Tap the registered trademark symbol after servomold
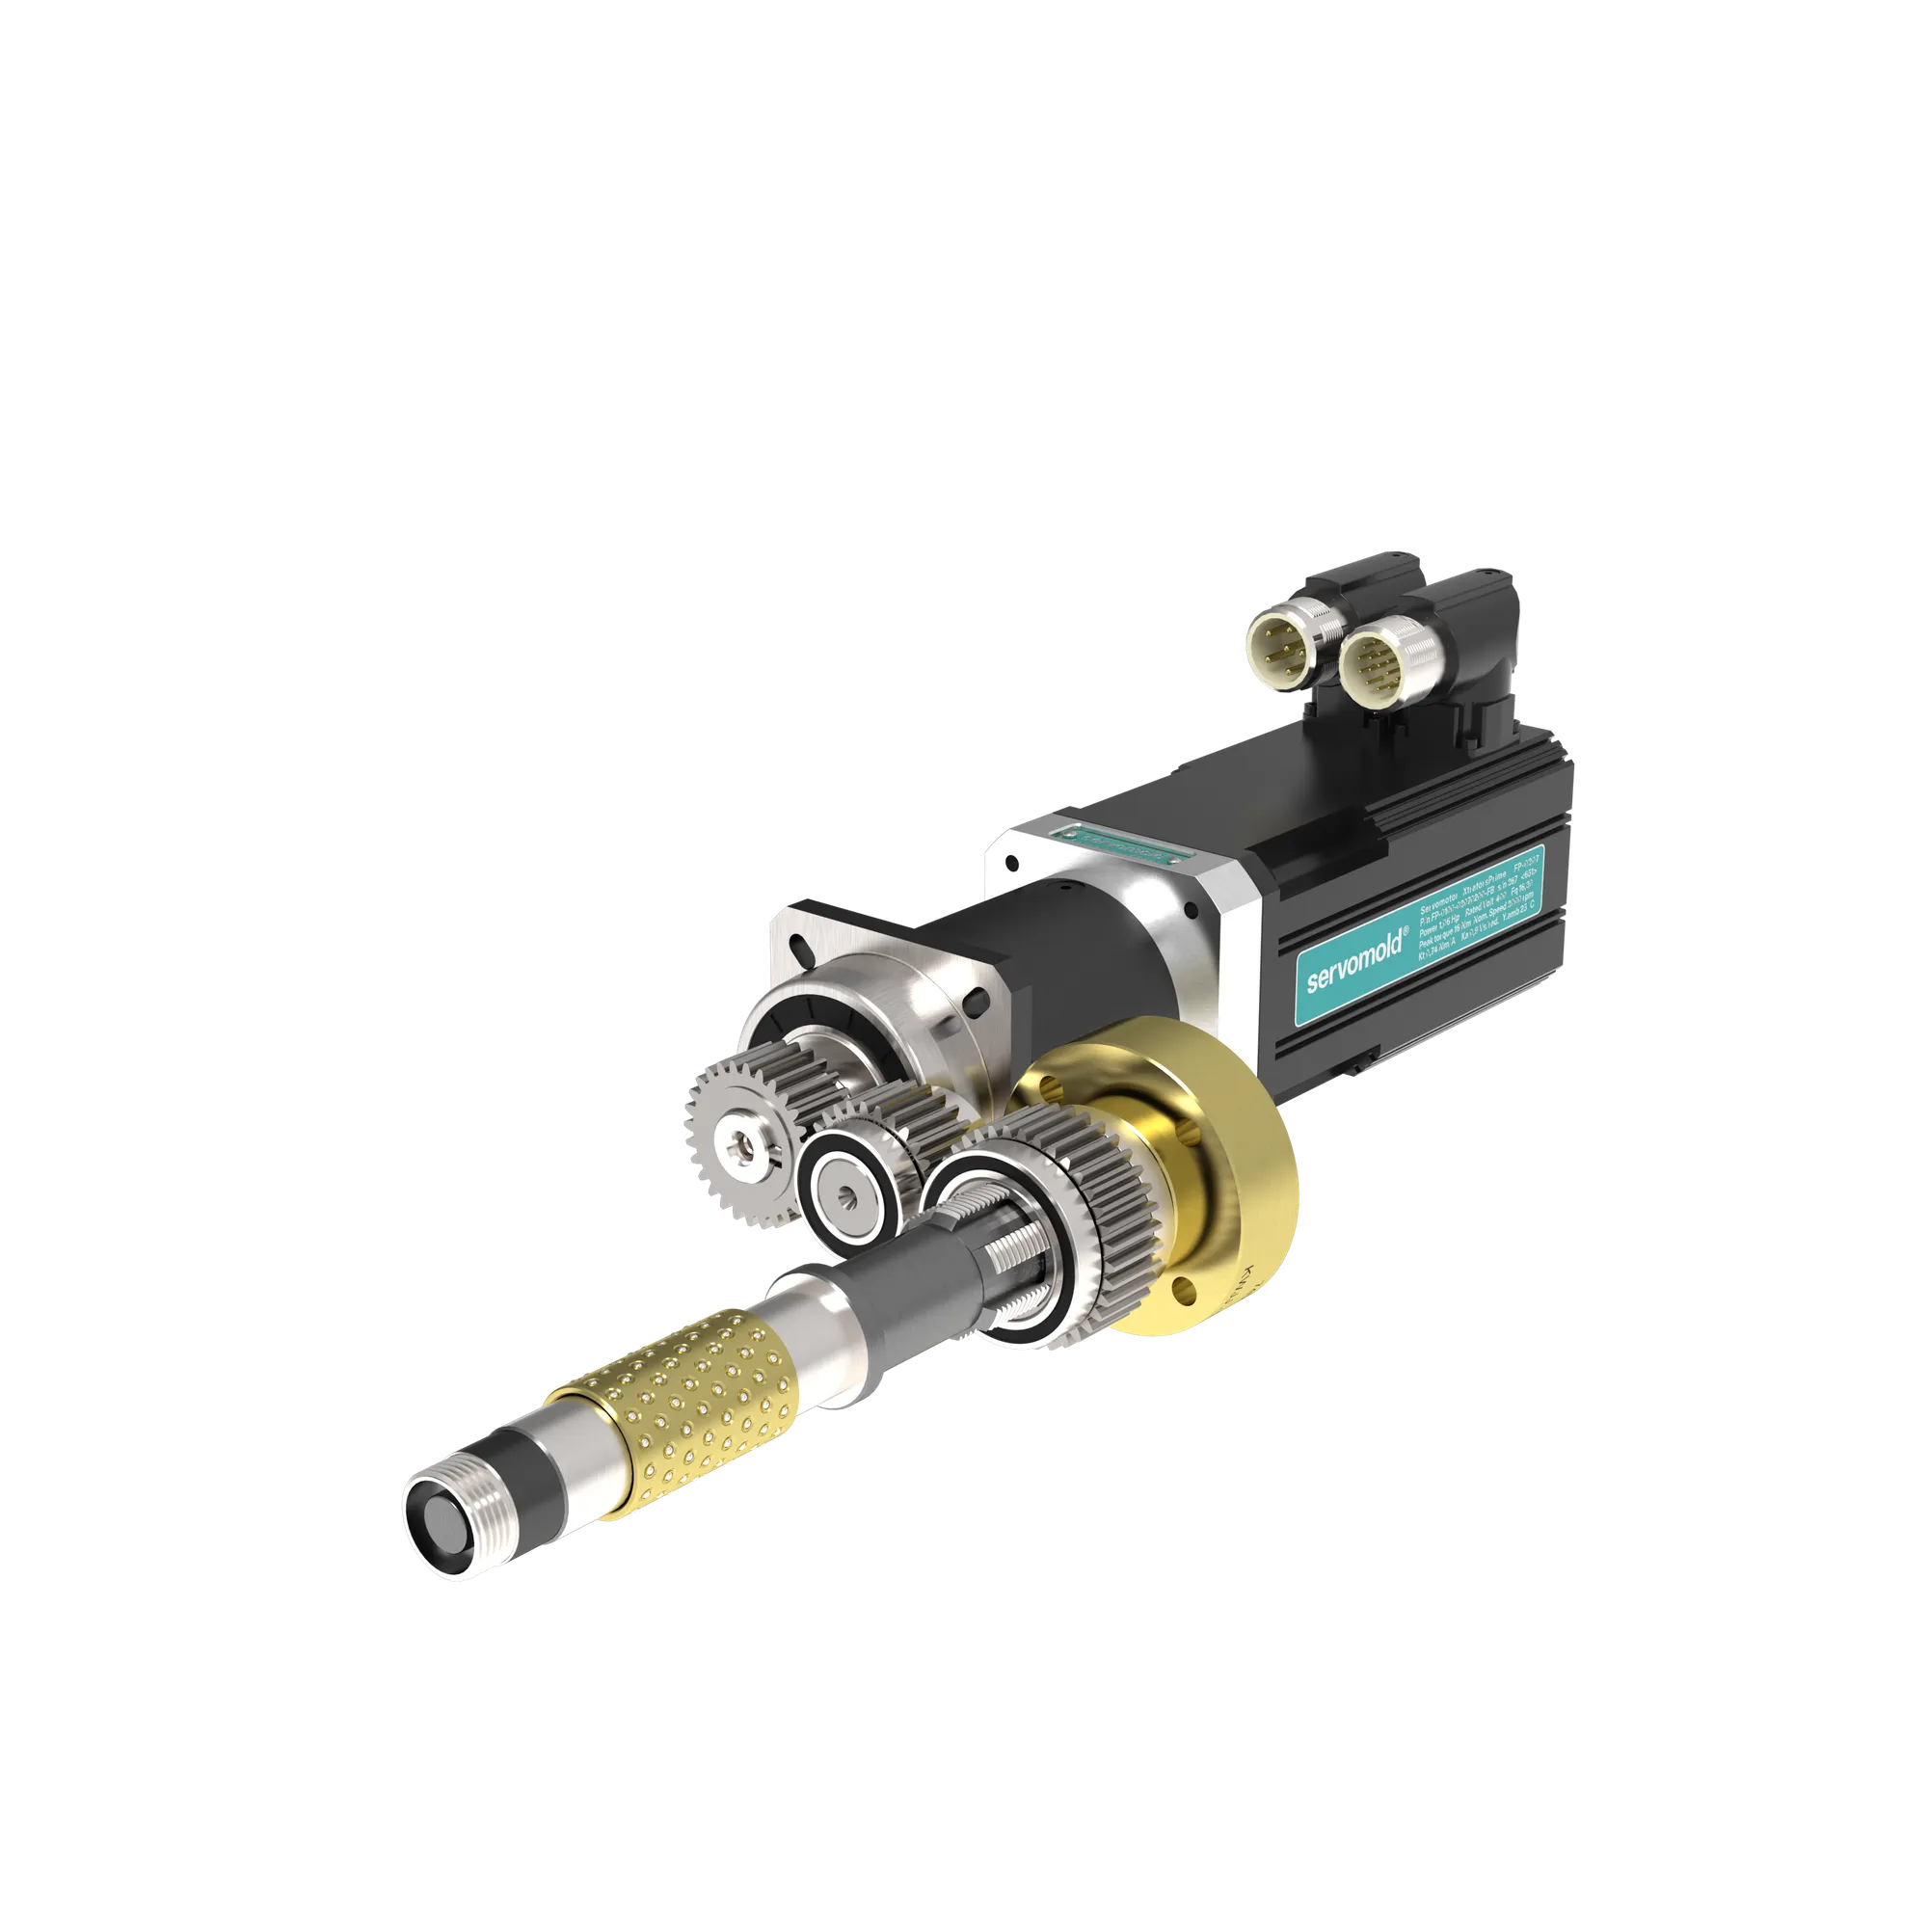point(1406,931)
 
